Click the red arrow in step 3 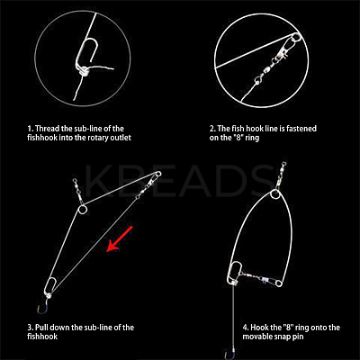[120, 238]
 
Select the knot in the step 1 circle [85, 72]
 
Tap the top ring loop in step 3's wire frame [82, 209]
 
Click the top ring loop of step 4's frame [274, 194]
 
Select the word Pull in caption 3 [41, 328]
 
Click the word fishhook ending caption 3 [42, 337]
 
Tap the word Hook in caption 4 [258, 328]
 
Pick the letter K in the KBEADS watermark [97, 181]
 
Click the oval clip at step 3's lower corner [49, 286]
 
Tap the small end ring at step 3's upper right [158, 174]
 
